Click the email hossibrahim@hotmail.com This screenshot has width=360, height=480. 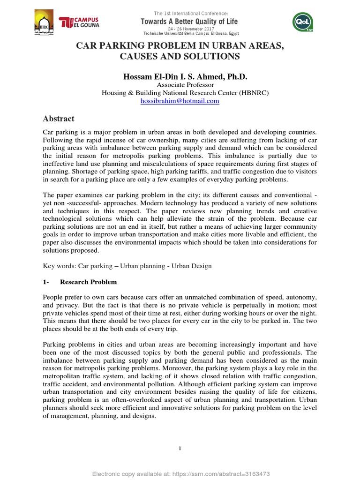180,101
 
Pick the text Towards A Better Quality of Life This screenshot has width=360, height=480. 190,22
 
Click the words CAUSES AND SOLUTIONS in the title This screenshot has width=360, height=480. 180,56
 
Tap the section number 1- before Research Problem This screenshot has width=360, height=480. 46,282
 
